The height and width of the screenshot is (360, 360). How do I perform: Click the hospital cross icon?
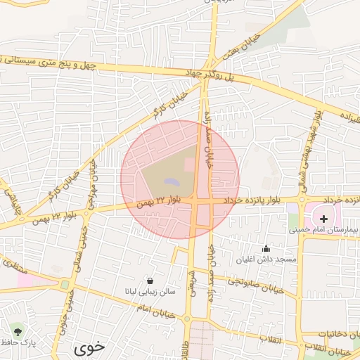323,219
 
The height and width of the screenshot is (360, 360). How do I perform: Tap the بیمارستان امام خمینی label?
331,230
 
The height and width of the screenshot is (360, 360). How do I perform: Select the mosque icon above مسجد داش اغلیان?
266,248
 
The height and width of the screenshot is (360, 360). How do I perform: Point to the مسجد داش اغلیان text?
276,259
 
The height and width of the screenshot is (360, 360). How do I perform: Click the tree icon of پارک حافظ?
18,330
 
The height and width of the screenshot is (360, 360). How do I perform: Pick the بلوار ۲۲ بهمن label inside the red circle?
160,202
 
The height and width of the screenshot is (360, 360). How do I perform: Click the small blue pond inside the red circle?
171,182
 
